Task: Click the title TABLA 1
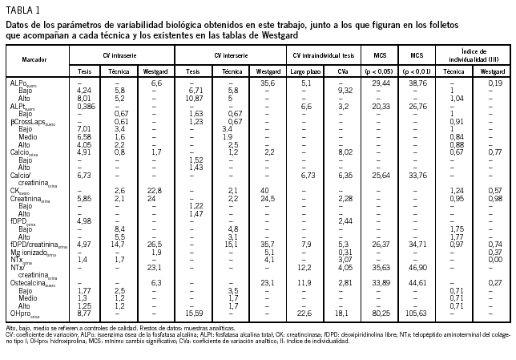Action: (23, 9)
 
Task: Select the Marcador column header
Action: (33, 61)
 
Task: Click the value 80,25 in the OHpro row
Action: (380, 313)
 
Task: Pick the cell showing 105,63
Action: (417, 313)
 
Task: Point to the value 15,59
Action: (193, 313)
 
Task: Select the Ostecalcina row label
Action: (33, 282)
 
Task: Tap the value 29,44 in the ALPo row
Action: (380, 83)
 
